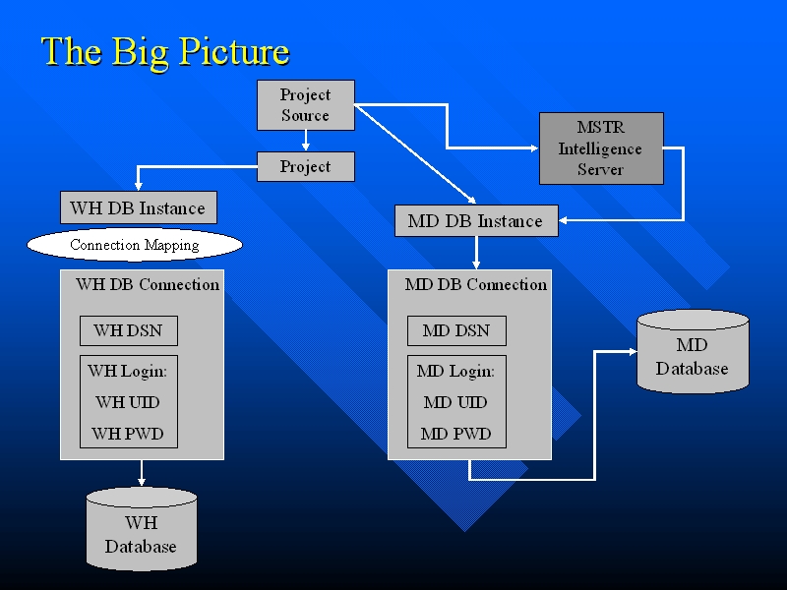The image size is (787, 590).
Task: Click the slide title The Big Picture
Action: pos(165,51)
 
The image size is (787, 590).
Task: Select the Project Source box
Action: pos(305,105)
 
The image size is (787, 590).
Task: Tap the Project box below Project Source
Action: pos(305,167)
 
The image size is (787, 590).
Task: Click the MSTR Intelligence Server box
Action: pos(601,148)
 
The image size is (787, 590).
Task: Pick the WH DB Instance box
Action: pos(138,208)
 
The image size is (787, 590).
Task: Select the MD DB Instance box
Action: pos(475,221)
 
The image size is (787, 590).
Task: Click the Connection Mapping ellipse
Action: pos(134,245)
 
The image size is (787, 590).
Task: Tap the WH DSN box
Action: pos(128,330)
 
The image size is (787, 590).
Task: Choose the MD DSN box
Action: pos(456,330)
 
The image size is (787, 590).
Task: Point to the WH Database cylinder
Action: pos(141,531)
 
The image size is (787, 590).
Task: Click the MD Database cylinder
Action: pos(693,354)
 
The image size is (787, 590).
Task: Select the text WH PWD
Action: pos(128,434)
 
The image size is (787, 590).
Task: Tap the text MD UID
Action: pos(455,402)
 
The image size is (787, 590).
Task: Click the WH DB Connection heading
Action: pos(148,284)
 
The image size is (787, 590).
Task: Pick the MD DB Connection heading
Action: pos(476,284)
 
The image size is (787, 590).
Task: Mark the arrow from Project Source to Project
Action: pos(306,142)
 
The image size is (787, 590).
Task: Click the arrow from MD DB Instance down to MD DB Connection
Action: pos(476,253)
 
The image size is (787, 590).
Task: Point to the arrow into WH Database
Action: pos(142,473)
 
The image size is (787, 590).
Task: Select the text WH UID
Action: pos(128,402)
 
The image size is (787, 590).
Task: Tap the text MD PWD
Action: pos(455,434)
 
